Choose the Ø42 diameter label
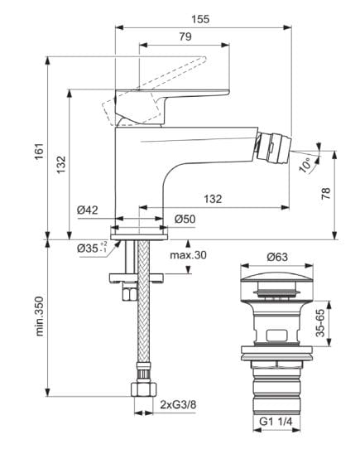point(88,210)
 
